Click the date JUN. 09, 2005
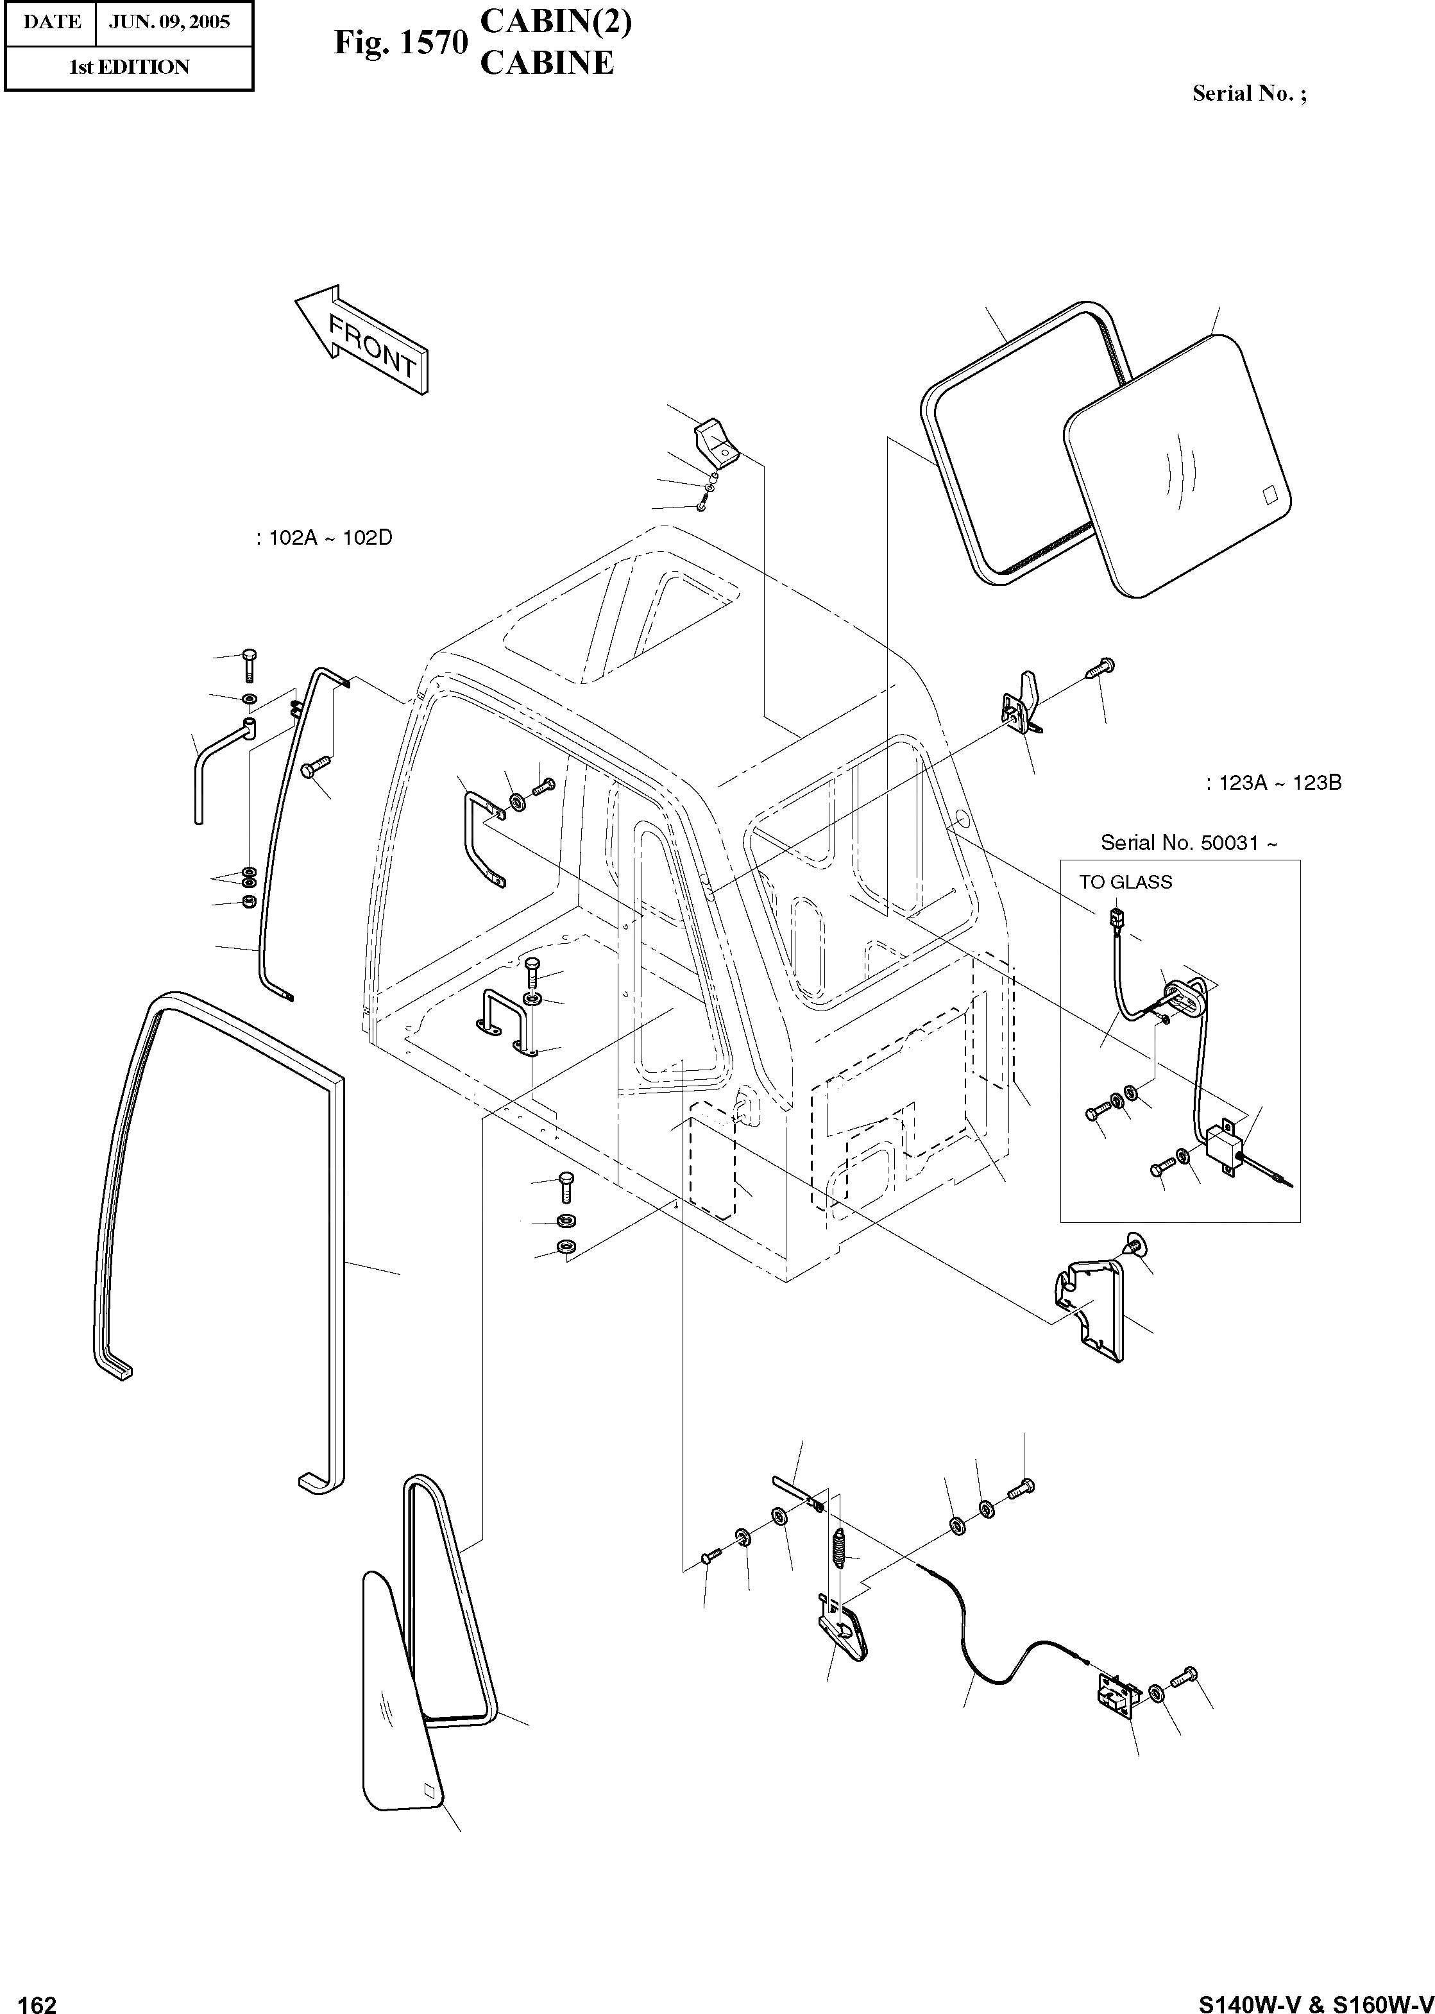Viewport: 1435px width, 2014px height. [169, 22]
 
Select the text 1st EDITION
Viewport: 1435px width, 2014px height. [129, 67]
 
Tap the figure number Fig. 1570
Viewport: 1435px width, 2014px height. [400, 43]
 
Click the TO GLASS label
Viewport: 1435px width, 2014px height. [1125, 882]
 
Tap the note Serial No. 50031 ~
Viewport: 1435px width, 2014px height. [1189, 843]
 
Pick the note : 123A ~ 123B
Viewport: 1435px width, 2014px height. [1273, 783]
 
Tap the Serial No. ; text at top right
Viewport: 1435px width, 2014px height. [1248, 94]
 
